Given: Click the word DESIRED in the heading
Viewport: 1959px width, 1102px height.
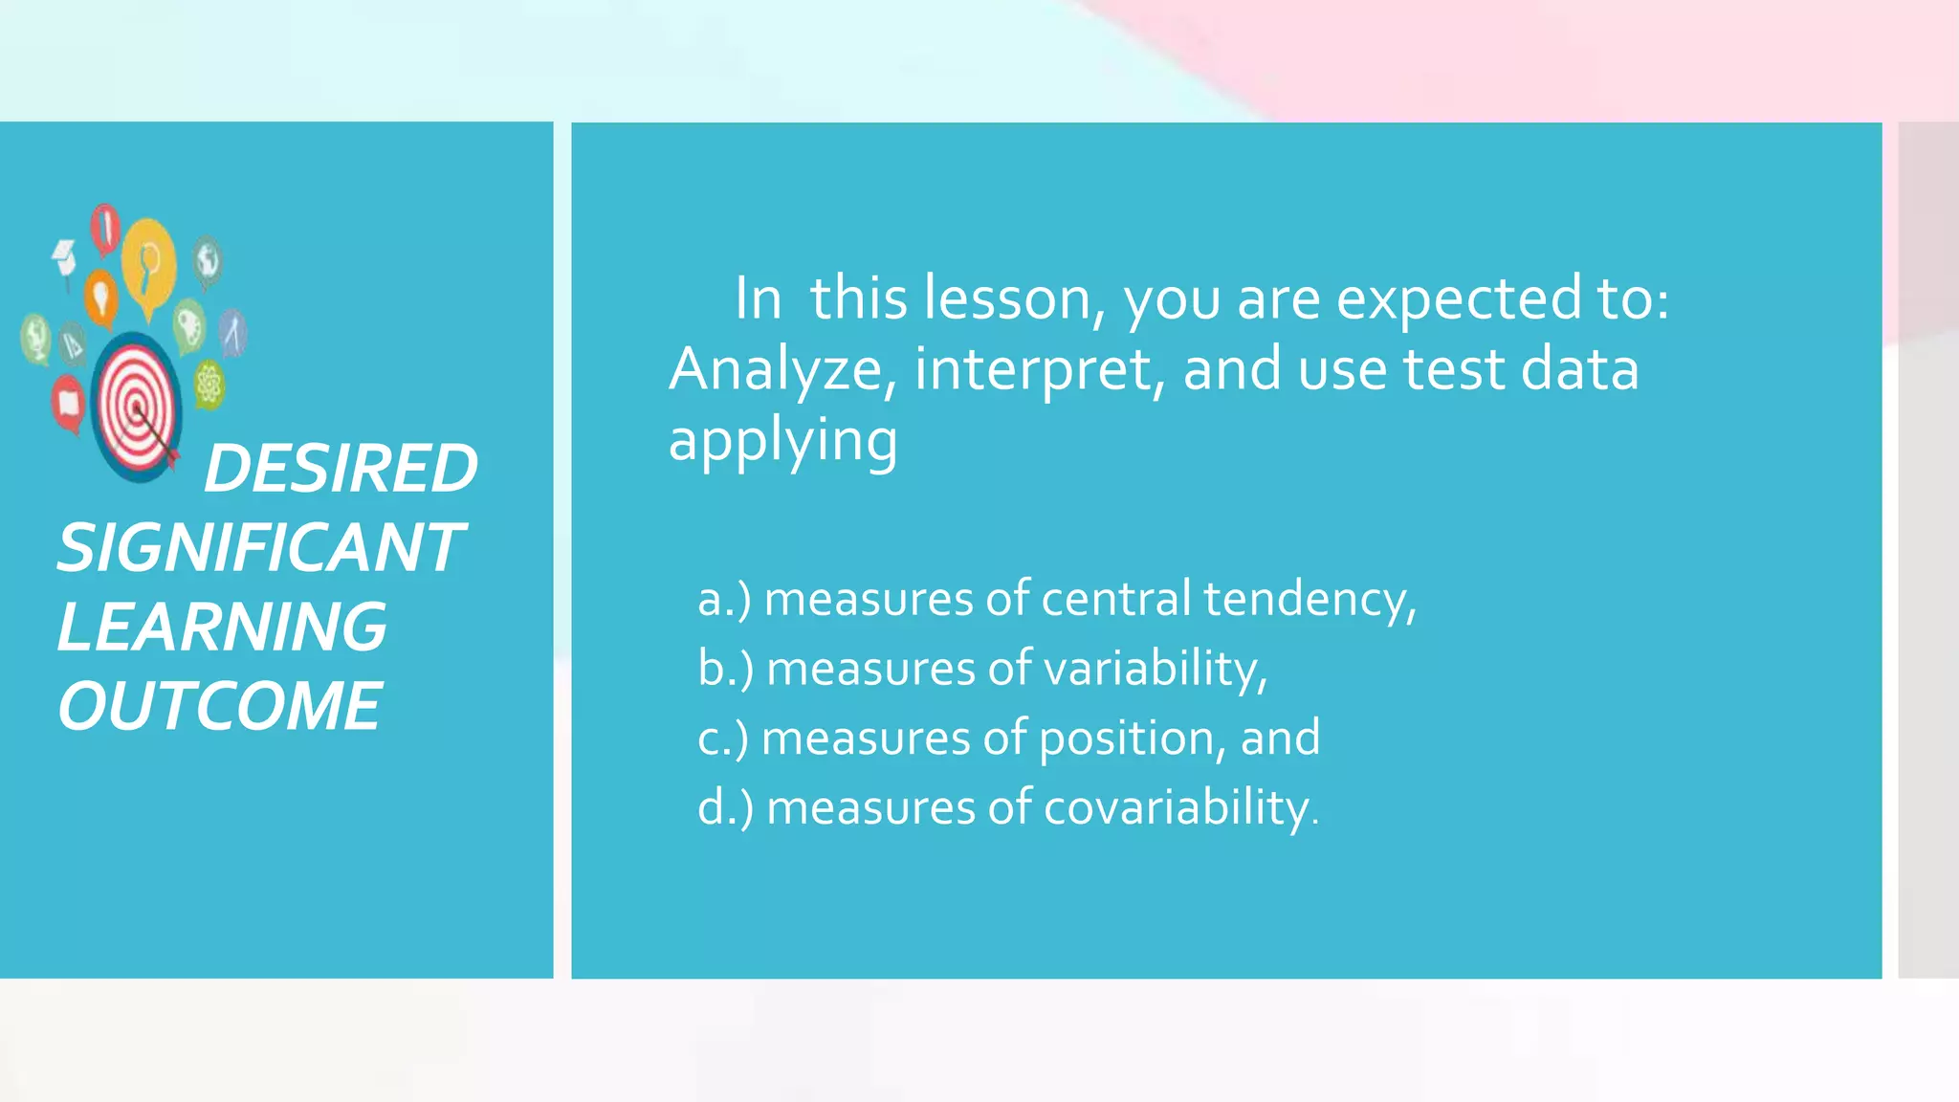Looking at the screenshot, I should pyautogui.click(x=341, y=469).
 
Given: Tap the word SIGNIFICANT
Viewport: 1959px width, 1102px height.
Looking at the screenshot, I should pyautogui.click(x=260, y=548).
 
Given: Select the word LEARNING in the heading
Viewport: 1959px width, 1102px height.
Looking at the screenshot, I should pyautogui.click(x=222, y=628).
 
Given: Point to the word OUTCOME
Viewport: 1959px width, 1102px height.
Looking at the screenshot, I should pyautogui.click(x=220, y=707).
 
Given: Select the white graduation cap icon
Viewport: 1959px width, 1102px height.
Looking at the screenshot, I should pyautogui.click(x=64, y=256).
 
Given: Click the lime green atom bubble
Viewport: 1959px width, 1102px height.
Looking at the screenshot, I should pyautogui.click(x=209, y=385).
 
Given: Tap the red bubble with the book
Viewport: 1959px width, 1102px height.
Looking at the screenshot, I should pyautogui.click(x=68, y=402).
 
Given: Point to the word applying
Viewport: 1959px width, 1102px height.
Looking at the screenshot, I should pyautogui.click(x=782, y=442).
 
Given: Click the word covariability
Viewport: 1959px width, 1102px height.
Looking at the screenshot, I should pyautogui.click(x=1180, y=808).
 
